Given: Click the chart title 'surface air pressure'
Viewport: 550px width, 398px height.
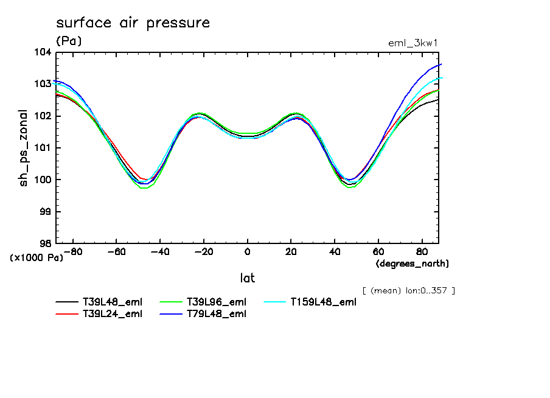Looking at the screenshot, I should [133, 23].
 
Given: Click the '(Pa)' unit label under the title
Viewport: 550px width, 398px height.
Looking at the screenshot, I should [68, 41].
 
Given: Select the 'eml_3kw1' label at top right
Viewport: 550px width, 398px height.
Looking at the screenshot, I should [414, 43].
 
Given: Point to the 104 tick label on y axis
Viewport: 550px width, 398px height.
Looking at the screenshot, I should [43, 52].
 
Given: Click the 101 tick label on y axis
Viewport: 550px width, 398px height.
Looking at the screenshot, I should [43, 148].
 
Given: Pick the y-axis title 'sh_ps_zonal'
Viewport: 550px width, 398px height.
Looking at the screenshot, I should [24, 148].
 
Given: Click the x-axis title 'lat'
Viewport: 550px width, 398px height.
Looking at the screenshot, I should [247, 278].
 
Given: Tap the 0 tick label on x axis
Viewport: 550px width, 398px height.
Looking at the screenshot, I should [248, 251].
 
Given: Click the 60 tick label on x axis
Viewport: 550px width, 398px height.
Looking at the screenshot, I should [378, 251].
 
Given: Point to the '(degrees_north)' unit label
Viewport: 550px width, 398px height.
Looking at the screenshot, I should [412, 264].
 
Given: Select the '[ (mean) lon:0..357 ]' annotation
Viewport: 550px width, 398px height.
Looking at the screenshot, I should [408, 290].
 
